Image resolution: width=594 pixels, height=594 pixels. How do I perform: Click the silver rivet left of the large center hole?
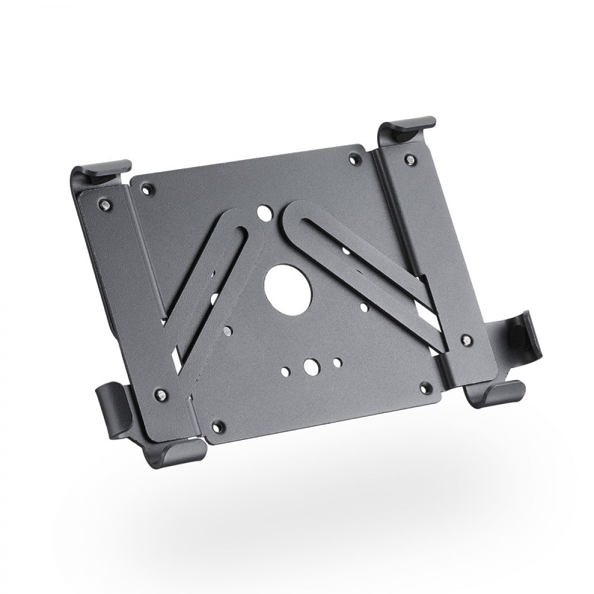point(227,329)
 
